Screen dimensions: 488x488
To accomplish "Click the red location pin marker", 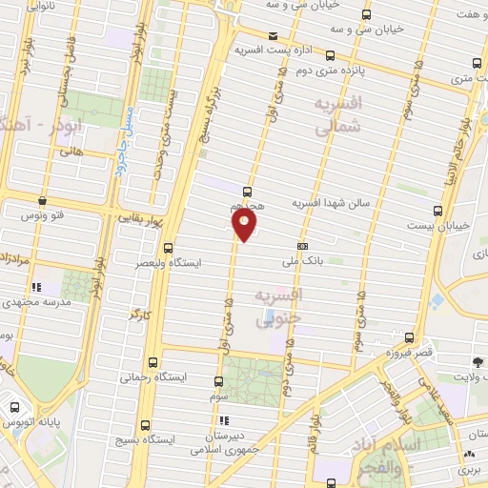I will click(245, 225).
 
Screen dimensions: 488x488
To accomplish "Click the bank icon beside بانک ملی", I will click(303, 246).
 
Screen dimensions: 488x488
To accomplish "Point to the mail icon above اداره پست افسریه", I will click(274, 36).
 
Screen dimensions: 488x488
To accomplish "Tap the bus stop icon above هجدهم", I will click(248, 191).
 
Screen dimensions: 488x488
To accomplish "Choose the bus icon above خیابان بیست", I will click(437, 211).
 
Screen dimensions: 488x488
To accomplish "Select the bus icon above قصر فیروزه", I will click(410, 338).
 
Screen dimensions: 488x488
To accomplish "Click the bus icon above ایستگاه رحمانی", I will click(154, 362).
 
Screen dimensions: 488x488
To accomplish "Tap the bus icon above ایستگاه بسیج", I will click(145, 425).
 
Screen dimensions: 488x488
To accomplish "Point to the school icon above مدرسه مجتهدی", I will click(36, 286).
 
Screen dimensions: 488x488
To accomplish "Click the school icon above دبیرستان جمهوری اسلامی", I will click(223, 420).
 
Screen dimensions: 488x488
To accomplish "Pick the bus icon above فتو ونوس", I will click(43, 201).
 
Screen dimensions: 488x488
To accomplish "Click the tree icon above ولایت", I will click(477, 361).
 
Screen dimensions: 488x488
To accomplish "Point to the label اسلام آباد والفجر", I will click(400, 456).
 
